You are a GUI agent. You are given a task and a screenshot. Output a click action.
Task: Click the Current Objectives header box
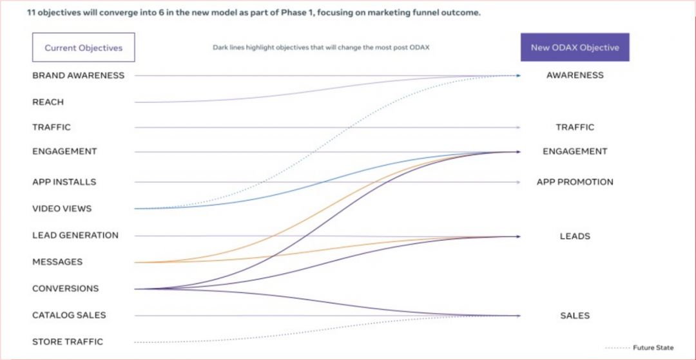(83, 48)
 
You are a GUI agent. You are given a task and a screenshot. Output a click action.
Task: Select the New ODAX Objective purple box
(575, 48)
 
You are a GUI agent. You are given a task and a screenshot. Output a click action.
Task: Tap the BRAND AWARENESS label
(78, 75)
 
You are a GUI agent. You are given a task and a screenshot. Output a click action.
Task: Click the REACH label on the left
(48, 102)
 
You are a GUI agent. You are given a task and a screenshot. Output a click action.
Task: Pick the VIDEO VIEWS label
(62, 209)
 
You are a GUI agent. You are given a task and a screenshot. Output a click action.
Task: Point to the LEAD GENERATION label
(75, 236)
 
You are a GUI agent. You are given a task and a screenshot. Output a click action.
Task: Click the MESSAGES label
(57, 262)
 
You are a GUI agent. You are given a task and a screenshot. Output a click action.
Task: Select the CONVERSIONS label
(65, 289)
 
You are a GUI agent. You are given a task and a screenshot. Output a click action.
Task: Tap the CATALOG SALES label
(69, 316)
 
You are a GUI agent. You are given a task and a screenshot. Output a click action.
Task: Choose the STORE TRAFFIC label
(67, 342)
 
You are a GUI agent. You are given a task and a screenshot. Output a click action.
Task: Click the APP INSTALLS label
(64, 182)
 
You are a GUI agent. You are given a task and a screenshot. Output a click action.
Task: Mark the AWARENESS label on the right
(575, 75)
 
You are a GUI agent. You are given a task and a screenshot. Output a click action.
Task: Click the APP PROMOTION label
(575, 182)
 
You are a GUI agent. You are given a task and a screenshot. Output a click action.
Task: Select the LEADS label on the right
(575, 236)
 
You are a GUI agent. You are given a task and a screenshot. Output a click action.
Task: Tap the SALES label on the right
(575, 316)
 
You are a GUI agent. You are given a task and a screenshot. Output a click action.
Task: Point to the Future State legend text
(653, 348)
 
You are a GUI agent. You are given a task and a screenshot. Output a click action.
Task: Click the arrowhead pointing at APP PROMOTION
(518, 182)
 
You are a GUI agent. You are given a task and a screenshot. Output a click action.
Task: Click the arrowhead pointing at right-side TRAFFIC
(518, 128)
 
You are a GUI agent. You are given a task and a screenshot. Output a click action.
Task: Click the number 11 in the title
(32, 13)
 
